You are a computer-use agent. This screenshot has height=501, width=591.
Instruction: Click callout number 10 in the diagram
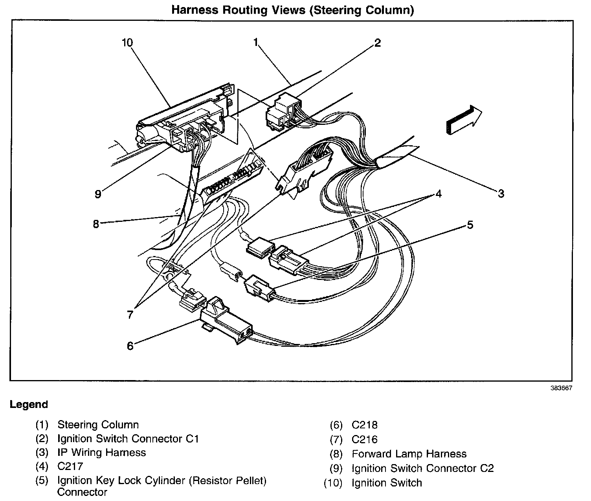pos(127,42)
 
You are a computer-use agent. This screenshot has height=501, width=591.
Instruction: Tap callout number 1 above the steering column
pos(256,42)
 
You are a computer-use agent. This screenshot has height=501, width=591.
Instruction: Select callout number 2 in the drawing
pos(377,42)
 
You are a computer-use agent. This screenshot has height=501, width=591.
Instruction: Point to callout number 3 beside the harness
pos(501,193)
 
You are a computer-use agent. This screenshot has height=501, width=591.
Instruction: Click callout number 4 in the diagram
pos(438,194)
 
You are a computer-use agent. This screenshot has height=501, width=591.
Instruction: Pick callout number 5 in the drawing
pos(470,225)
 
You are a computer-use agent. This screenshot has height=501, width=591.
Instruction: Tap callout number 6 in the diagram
pos(130,346)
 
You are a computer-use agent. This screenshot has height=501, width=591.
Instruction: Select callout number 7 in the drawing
pos(130,314)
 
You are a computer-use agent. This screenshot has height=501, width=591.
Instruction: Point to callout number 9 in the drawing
pos(98,194)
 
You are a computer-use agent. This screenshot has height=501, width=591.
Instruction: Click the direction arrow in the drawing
pos(464,119)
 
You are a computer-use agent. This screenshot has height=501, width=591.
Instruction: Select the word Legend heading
pos(29,404)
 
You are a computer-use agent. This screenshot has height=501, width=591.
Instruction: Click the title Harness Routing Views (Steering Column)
pos(292,10)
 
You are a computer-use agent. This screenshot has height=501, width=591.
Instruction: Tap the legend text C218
pos(365,425)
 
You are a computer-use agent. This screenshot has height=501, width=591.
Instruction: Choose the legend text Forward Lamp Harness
pos(409,454)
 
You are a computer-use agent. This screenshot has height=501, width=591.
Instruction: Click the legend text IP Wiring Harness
pos(101,452)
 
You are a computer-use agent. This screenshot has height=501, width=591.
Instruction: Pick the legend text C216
pos(365,439)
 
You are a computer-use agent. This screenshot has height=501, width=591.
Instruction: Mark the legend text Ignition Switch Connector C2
pos(422,468)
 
